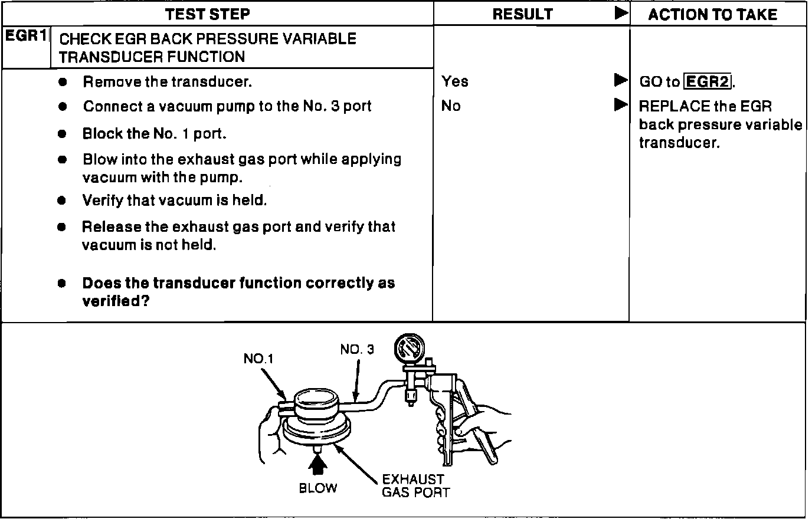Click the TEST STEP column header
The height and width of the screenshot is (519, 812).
tap(207, 14)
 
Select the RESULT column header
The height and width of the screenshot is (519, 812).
tap(522, 14)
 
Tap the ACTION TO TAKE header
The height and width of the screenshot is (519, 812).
tap(712, 14)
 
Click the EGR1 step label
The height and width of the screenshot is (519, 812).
tap(26, 36)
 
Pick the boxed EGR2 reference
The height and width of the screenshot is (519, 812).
tap(707, 81)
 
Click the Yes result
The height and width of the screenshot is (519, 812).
tap(454, 81)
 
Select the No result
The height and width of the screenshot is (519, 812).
tap(451, 106)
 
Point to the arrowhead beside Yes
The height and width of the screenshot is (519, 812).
tap(620, 80)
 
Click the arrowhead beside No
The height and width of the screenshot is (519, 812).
tap(620, 105)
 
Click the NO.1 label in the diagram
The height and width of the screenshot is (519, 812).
tap(258, 359)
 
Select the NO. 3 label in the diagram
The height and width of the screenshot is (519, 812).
tap(356, 350)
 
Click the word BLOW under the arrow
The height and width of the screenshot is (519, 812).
tap(318, 488)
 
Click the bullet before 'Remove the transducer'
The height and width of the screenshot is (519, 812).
tap(63, 82)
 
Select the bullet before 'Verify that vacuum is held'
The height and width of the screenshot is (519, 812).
tap(62, 201)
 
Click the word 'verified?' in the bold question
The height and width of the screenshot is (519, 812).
tap(115, 301)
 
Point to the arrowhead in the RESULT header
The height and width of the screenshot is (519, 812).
tap(620, 14)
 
